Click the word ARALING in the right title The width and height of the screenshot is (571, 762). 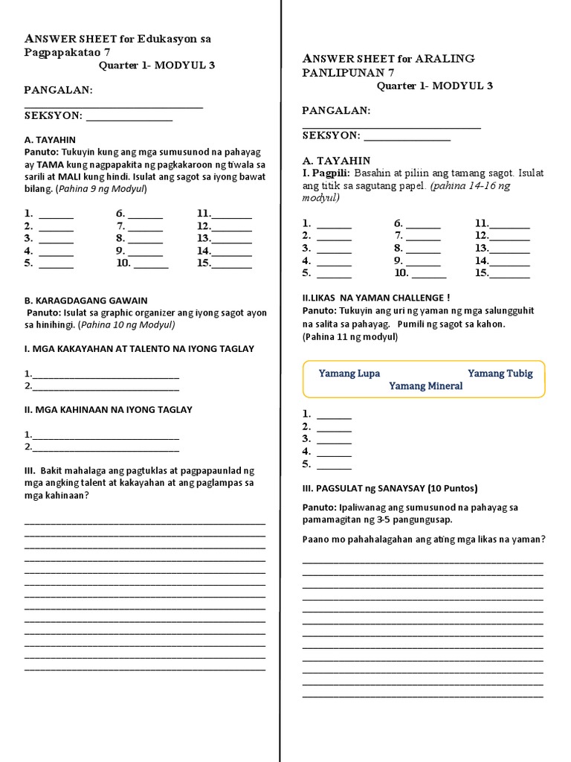point(446,59)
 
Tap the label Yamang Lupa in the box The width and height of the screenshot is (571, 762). point(349,374)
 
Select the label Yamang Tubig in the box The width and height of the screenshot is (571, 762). point(500,374)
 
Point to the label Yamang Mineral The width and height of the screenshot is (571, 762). point(425,386)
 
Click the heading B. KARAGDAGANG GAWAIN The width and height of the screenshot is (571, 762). point(86,301)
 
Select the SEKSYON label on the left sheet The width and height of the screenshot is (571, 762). point(54,116)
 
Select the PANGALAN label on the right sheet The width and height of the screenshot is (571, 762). point(336,111)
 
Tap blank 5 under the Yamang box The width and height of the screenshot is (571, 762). point(334,465)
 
